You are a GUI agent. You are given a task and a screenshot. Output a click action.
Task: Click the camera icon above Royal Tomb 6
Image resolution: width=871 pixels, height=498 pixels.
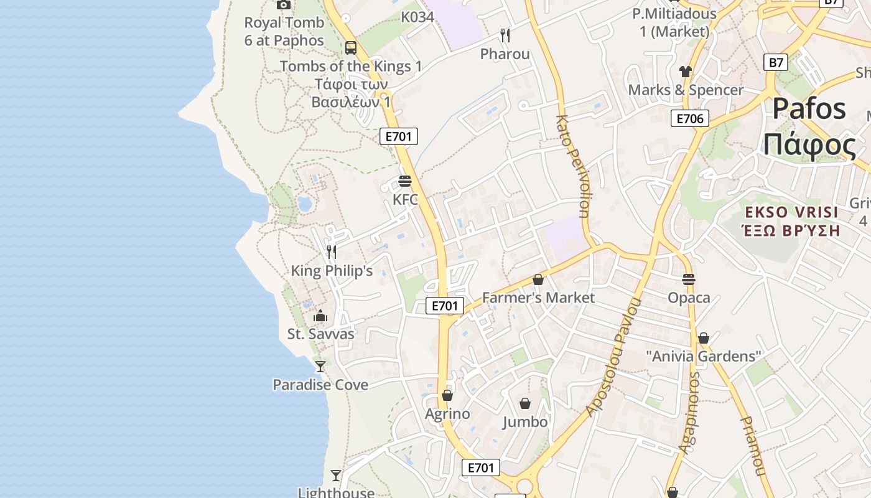284,5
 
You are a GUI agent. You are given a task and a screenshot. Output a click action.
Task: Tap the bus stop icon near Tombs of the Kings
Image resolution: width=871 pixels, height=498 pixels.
351,47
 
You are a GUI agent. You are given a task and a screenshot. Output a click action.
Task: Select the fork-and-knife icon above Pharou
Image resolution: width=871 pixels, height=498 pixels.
505,35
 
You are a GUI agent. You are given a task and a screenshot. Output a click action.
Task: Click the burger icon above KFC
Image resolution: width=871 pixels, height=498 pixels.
405,181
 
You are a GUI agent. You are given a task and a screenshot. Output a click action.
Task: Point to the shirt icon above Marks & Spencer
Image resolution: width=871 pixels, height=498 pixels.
686,72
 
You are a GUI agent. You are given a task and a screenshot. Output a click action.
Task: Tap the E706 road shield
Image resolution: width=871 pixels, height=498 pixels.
690,118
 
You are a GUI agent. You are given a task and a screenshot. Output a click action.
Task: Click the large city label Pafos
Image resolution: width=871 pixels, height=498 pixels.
809,110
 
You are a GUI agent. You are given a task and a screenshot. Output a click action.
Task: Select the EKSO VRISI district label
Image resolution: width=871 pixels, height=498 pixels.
791,212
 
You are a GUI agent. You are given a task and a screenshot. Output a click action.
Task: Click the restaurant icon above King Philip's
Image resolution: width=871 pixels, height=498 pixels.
332,251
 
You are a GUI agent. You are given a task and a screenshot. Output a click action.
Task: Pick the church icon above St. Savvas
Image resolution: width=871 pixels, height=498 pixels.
320,316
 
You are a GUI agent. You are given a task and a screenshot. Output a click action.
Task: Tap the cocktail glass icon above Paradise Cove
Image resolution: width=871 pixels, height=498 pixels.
320,366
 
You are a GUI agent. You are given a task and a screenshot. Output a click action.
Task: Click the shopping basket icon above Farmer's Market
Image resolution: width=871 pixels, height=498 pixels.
538,280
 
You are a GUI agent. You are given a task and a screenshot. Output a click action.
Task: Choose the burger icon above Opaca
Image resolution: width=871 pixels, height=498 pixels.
689,280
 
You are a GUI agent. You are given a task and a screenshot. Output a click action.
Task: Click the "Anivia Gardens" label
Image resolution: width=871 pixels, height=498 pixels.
704,357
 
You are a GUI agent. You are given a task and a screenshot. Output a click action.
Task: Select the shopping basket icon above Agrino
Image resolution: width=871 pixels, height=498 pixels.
447,395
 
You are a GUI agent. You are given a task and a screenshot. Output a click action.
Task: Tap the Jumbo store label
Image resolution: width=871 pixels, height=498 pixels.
525,422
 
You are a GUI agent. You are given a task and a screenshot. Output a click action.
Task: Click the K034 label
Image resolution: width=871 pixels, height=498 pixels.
417,17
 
